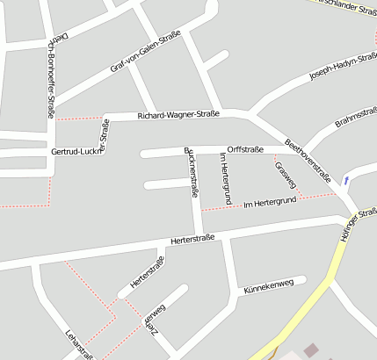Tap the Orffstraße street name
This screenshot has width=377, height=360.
click(244, 149)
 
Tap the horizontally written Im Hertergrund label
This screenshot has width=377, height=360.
click(270, 202)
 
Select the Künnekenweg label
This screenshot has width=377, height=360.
click(268, 287)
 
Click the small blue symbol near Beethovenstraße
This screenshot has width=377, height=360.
click(347, 181)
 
